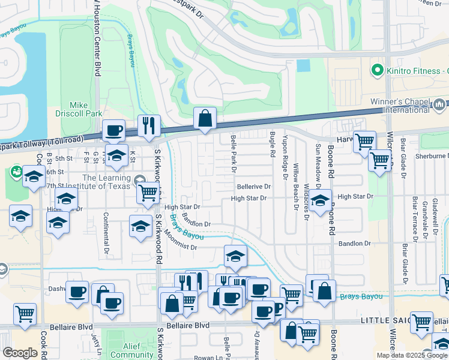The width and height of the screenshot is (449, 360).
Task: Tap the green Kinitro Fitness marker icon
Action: pos(378,71)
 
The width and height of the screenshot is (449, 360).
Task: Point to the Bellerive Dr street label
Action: pos(254,187)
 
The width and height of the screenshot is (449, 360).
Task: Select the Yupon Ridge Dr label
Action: pos(284,161)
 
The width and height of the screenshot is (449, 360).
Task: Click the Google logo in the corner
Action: pos(20,353)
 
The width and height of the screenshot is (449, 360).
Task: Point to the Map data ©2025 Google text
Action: pos(412,355)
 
